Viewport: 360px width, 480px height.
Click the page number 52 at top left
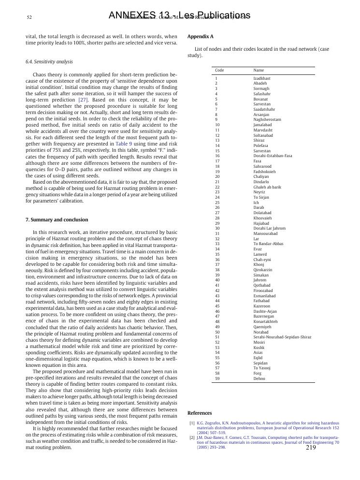[29, 17]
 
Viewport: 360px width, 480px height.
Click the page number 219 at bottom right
[311, 448]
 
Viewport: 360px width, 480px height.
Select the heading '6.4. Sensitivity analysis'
[49, 62]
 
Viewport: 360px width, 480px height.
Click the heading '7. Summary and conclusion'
[57, 219]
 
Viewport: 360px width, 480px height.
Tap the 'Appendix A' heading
[200, 37]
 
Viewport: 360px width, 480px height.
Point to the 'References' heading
[200, 413]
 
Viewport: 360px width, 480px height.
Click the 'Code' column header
[219, 71]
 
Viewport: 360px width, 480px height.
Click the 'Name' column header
[259, 71]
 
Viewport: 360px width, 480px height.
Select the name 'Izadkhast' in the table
[262, 78]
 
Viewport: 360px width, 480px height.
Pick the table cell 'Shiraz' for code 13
[259, 141]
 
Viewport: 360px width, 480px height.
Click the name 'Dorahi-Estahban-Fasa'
[273, 156]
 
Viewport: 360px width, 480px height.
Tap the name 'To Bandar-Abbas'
[268, 244]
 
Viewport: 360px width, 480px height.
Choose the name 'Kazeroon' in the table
[262, 306]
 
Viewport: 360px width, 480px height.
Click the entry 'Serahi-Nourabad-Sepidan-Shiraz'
[282, 337]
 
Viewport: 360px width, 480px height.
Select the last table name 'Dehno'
[259, 379]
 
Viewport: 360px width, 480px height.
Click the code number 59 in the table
[217, 379]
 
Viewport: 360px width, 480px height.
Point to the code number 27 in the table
[217, 213]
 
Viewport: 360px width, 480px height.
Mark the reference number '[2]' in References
[192, 437]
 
